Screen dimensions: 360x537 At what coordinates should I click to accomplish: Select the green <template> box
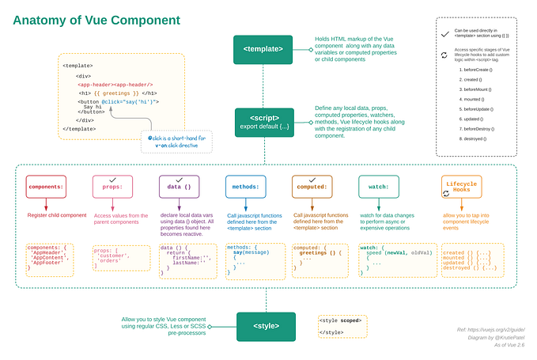click(x=263, y=49)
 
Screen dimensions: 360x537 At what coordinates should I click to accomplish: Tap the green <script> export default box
click(x=263, y=123)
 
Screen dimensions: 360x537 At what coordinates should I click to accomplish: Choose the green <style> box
click(x=266, y=324)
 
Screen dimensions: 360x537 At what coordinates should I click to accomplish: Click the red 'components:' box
click(x=45, y=187)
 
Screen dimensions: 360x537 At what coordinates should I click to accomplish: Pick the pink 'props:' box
click(x=112, y=187)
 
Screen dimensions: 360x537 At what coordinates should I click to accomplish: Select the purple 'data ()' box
click(x=179, y=187)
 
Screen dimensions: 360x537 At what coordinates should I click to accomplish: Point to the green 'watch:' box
click(x=379, y=187)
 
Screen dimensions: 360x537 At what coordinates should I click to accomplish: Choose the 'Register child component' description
click(x=57, y=215)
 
